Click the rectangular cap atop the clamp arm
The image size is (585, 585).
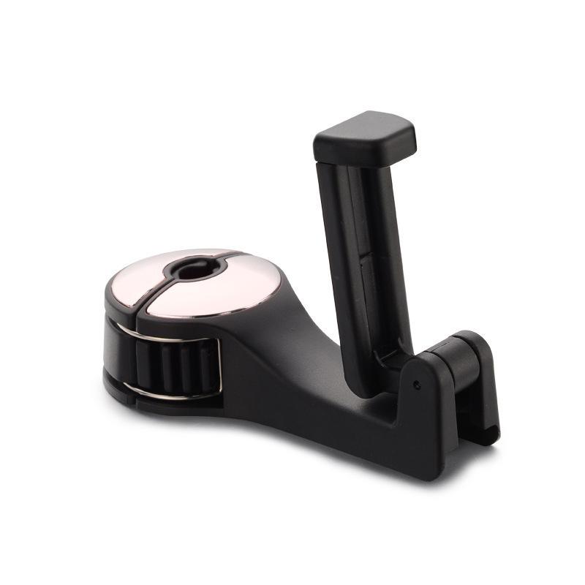tap(365, 138)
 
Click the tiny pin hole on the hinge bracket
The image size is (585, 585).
tap(416, 383)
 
